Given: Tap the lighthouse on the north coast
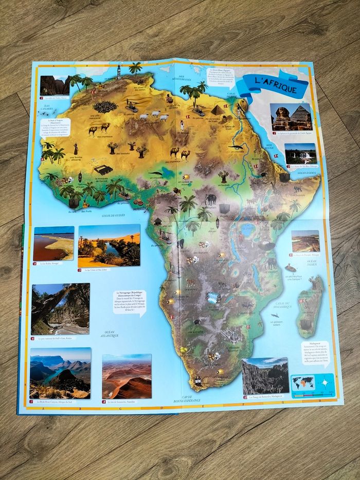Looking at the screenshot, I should click(119, 70).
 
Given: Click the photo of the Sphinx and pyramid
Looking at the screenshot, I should click(291, 117).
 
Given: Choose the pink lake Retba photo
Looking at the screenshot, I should click(53, 243).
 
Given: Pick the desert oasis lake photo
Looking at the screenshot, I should click(109, 245).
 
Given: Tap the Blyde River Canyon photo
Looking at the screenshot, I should click(60, 373).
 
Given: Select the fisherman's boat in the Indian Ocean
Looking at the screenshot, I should click(291, 268).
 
